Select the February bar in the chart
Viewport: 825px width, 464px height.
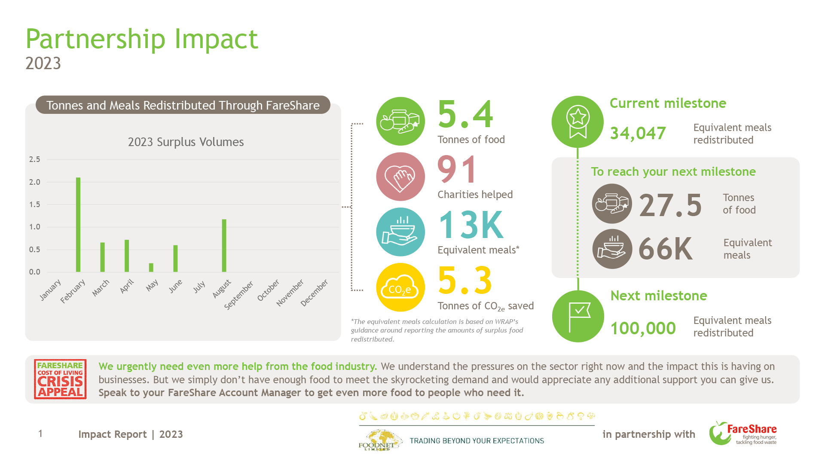coord(78,224)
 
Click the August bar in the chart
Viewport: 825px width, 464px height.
coord(224,245)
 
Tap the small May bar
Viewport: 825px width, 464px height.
coord(151,267)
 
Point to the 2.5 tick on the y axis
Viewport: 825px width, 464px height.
coord(34,159)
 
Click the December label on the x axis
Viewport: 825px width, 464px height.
coord(315,292)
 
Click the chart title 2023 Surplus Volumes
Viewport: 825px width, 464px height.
coord(186,142)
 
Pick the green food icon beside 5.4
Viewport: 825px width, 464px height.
coord(400,121)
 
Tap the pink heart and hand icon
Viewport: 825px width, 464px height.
coord(400,177)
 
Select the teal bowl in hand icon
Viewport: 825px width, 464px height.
coord(400,232)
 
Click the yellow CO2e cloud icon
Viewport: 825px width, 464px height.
coord(400,287)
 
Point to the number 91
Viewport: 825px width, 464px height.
coord(457,170)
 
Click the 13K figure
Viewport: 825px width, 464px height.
coord(471,225)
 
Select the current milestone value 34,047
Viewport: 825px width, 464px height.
coord(638,133)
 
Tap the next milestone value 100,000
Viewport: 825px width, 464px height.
coord(643,328)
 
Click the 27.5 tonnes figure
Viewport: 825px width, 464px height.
coord(670,205)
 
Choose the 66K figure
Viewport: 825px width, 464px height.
coord(666,249)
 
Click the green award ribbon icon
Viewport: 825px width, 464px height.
coord(578,122)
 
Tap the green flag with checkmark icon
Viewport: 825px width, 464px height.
coord(578,316)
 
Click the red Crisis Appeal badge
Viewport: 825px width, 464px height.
coord(60,379)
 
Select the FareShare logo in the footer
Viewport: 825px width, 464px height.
coord(743,433)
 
